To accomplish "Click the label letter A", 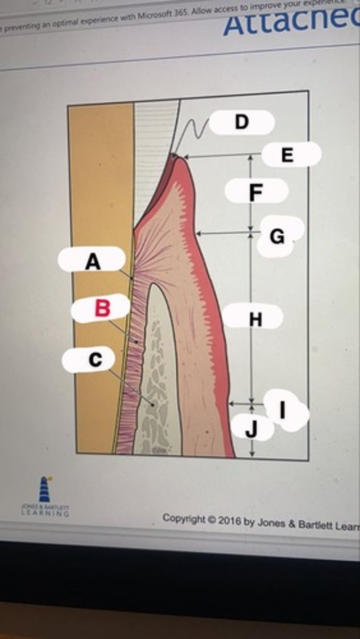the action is (93, 262).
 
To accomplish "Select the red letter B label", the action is (102, 308).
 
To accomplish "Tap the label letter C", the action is (94, 360).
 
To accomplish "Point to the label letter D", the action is (241, 122).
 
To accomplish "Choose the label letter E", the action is (287, 155).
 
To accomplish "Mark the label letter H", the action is (256, 319).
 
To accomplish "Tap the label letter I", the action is (282, 409).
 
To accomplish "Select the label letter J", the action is (252, 429).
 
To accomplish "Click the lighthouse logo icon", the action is (44, 489).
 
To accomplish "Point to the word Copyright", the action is (184, 518).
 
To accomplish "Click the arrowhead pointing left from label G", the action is (199, 233).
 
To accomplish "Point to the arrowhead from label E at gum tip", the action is (185, 157).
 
